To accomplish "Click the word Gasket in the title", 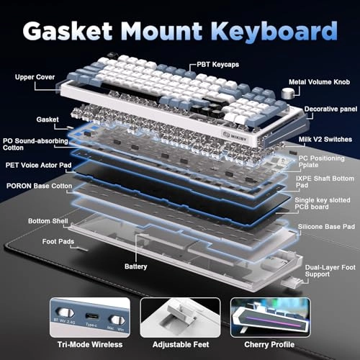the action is (x=68, y=31).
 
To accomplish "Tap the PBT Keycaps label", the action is (x=218, y=65).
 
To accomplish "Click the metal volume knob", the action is (x=287, y=94).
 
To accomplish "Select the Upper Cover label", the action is (x=35, y=77).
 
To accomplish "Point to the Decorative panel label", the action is (x=330, y=109).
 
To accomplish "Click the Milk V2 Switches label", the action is (x=325, y=140).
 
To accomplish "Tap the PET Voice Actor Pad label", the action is (x=38, y=165).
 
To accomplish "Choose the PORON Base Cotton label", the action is (x=39, y=186).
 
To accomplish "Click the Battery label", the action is (x=136, y=266).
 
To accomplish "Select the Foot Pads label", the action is (x=58, y=241).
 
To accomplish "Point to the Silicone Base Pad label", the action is (x=326, y=227).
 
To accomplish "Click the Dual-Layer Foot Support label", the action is (x=330, y=271).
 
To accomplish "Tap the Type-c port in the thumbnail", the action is (x=91, y=316).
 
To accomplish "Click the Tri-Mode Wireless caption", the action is (x=90, y=345).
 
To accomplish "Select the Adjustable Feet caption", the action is (x=181, y=345).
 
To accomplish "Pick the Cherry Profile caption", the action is (x=269, y=345).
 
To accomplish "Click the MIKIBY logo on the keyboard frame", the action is (x=235, y=136).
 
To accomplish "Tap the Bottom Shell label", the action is (x=48, y=221).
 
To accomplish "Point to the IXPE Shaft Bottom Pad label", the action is (x=325, y=181).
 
